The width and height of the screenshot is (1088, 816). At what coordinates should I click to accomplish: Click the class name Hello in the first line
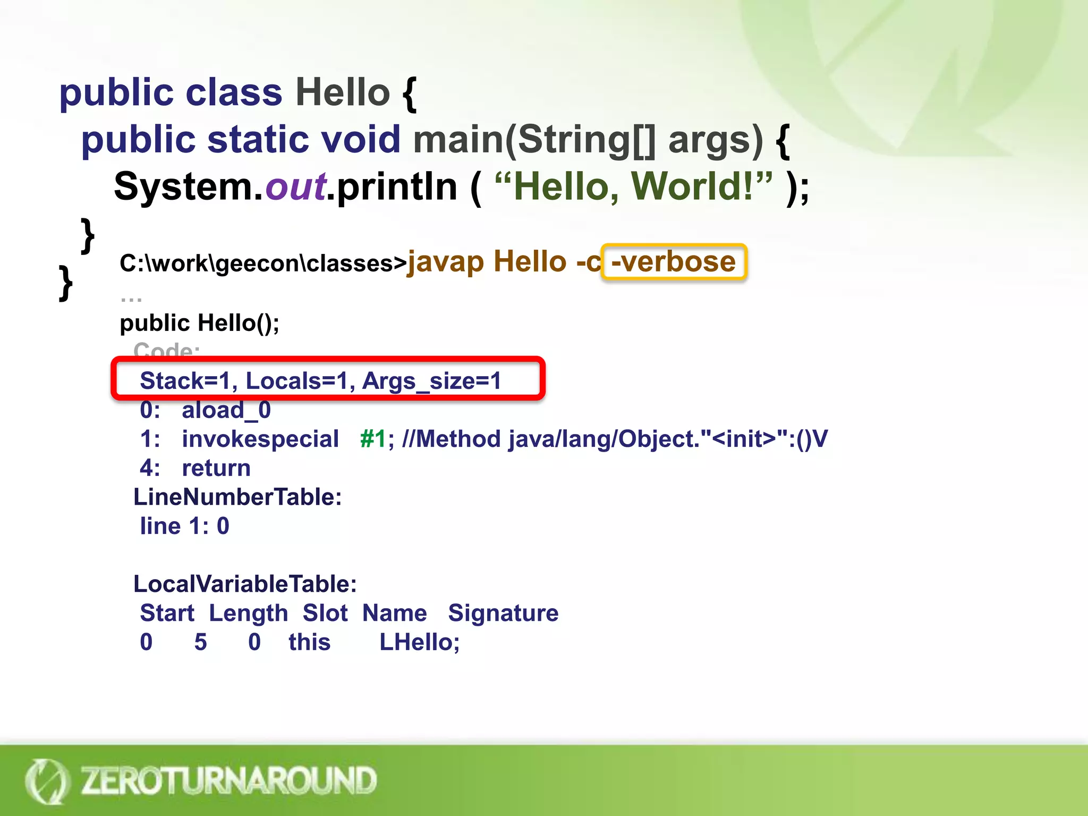click(343, 92)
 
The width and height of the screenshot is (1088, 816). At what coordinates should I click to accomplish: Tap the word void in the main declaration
click(361, 140)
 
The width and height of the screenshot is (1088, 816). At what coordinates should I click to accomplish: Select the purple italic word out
click(295, 187)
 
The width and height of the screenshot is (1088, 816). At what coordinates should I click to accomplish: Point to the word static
click(258, 140)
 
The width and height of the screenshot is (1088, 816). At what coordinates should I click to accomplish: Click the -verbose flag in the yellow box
click(674, 262)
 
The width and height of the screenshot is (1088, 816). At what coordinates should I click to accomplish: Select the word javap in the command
click(446, 262)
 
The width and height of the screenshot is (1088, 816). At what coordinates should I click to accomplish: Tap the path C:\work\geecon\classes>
click(262, 263)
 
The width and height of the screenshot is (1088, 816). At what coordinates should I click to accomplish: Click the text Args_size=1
click(431, 381)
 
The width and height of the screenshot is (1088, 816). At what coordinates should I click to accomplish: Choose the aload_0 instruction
click(226, 410)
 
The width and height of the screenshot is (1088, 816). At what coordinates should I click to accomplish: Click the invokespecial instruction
click(260, 439)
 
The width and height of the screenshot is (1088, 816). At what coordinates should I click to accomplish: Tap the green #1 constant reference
click(373, 439)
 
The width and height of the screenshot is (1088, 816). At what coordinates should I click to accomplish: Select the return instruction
click(216, 468)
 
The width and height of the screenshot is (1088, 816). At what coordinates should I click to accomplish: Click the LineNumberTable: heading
click(237, 497)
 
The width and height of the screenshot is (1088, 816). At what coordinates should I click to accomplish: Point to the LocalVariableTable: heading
click(245, 584)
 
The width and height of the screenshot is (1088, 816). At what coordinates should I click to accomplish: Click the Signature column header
click(503, 613)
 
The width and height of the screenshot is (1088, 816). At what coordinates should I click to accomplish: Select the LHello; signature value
click(419, 642)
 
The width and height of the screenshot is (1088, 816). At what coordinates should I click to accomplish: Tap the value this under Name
click(309, 642)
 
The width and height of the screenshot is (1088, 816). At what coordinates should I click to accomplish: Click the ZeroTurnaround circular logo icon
click(47, 781)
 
